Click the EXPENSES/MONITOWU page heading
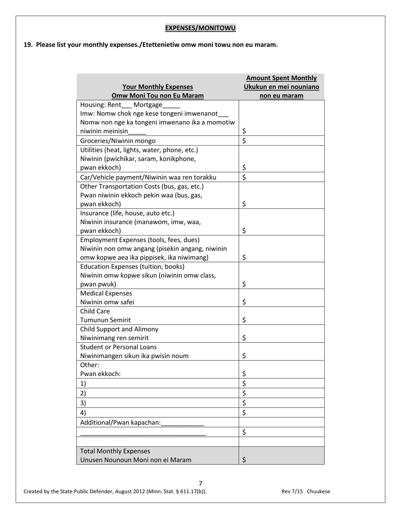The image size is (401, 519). pyautogui.click(x=200, y=28)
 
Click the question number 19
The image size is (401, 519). pyautogui.click(x=28, y=45)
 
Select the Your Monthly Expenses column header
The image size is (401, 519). pyautogui.click(x=157, y=87)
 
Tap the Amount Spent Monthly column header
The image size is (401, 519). pyautogui.click(x=281, y=78)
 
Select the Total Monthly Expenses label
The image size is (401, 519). pyautogui.click(x=115, y=451)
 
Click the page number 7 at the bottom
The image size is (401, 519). pyautogui.click(x=200, y=484)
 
